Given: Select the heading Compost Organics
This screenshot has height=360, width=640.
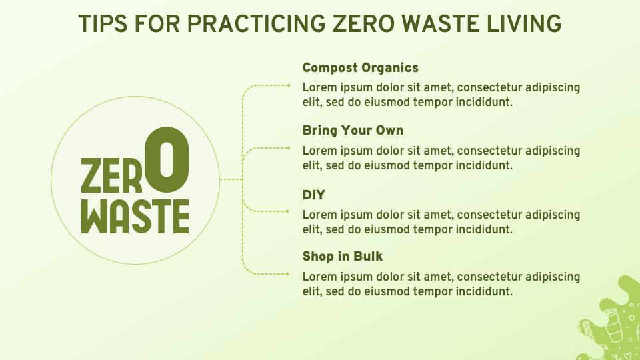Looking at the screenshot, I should pyautogui.click(x=360, y=67).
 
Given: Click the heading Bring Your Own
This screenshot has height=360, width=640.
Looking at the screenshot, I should pyautogui.click(x=353, y=130).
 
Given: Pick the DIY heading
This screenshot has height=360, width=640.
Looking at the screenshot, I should pyautogui.click(x=313, y=195).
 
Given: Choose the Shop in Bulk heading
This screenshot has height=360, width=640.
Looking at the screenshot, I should pyautogui.click(x=343, y=256).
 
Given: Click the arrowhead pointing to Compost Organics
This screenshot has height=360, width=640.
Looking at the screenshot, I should pyautogui.click(x=289, y=85).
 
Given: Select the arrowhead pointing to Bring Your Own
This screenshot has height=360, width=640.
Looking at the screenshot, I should pyautogui.click(x=289, y=147).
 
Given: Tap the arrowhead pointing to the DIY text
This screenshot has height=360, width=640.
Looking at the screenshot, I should pyautogui.click(x=287, y=211).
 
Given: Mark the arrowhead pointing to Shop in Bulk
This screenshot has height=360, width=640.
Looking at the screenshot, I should pyautogui.click(x=287, y=273).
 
